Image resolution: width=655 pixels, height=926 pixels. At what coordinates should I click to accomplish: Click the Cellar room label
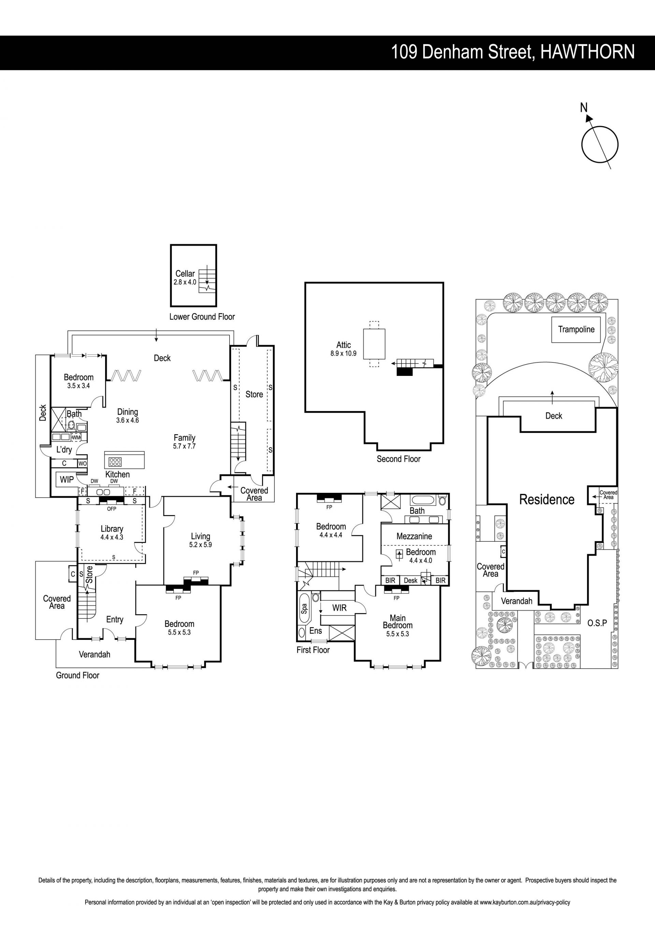pyautogui.click(x=185, y=274)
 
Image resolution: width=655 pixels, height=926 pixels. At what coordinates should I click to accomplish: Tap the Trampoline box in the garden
pyautogui.click(x=576, y=329)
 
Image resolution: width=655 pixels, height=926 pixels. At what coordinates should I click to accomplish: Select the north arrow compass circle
pyautogui.click(x=600, y=144)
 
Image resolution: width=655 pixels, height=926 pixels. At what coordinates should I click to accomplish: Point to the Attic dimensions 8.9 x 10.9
pyautogui.click(x=343, y=354)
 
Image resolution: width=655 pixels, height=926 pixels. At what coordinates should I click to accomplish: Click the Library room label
pyautogui.click(x=112, y=529)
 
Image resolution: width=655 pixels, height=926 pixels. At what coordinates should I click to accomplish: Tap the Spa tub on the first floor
pyautogui.click(x=304, y=608)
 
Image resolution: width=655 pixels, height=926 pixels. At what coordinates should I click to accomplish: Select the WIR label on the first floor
pyautogui.click(x=339, y=608)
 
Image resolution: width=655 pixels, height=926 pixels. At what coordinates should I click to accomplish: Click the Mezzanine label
pyautogui.click(x=414, y=536)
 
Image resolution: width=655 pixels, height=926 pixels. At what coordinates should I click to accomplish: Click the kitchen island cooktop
pyautogui.click(x=115, y=462)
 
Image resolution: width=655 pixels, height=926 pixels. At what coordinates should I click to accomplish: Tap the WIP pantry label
pyautogui.click(x=67, y=479)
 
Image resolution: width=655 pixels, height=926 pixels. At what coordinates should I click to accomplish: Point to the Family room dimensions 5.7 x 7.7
pyautogui.click(x=184, y=446)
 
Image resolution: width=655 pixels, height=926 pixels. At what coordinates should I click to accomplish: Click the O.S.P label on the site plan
pyautogui.click(x=597, y=623)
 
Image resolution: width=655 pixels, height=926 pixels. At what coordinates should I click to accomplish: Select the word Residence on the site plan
pyautogui.click(x=547, y=500)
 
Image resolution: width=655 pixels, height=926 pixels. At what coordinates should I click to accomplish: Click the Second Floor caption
pyautogui.click(x=398, y=459)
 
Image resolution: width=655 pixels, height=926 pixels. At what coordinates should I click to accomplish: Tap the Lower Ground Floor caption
pyautogui.click(x=202, y=317)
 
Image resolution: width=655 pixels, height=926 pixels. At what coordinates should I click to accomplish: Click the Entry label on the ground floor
pyautogui.click(x=115, y=619)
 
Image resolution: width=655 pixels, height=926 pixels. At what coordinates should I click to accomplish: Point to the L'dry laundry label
pyautogui.click(x=64, y=449)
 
